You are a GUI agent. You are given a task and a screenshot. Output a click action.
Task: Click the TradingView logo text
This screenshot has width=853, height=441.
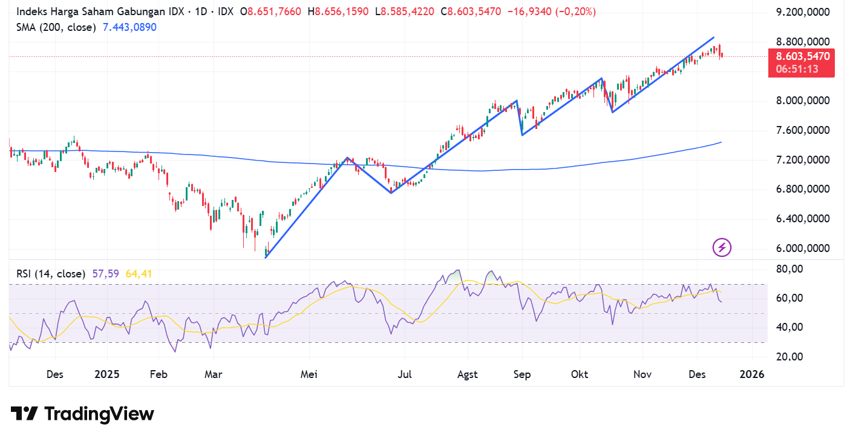point(82,414)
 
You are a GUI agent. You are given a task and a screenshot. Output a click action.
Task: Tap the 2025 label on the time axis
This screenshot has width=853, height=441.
point(107,374)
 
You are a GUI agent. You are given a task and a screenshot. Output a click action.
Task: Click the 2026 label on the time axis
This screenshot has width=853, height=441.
point(752,374)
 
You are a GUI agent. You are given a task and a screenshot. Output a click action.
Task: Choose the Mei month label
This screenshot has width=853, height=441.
point(309,374)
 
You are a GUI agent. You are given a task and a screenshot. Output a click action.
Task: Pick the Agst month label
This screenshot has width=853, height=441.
point(468,374)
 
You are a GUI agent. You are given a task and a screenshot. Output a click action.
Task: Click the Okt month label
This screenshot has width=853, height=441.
point(580,374)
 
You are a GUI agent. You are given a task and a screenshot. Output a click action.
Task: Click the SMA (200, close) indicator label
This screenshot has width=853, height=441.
point(56,27)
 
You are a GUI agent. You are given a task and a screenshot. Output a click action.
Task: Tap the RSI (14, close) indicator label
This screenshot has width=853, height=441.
point(51,274)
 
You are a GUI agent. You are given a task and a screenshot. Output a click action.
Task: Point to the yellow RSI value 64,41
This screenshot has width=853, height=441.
point(139,274)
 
